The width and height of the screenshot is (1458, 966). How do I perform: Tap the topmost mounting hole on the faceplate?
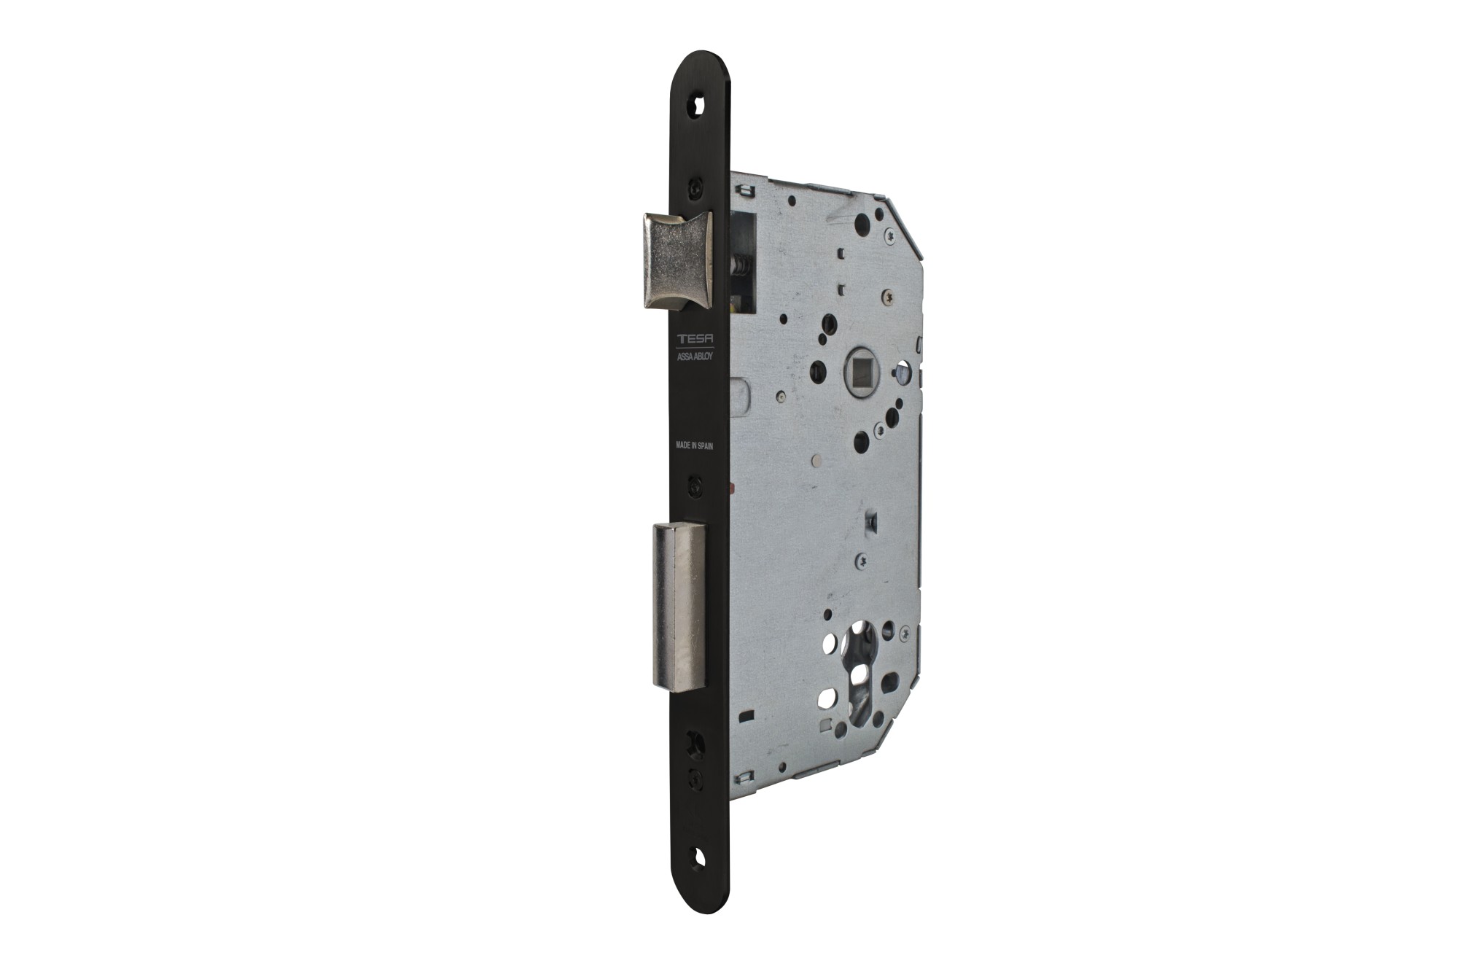(699, 105)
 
